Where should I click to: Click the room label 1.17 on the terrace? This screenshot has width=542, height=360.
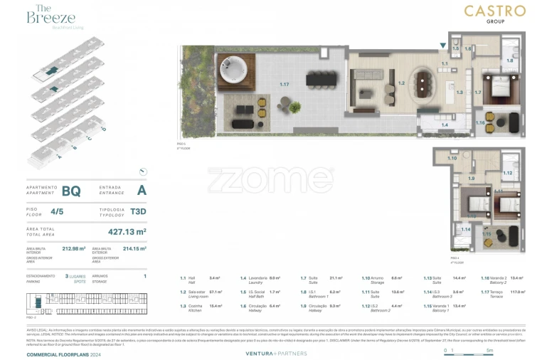285,85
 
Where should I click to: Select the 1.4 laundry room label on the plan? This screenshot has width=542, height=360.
444,125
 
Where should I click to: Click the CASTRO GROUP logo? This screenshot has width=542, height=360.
494,14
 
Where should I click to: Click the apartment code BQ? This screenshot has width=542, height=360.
71,191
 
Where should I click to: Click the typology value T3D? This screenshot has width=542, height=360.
138,211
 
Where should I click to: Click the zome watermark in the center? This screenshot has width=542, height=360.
270,179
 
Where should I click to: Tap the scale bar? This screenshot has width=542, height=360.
467,351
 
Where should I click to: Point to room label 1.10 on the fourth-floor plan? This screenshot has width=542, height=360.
452,158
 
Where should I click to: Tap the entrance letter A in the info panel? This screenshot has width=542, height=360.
142,190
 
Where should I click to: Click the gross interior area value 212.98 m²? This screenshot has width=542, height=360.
74,249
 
